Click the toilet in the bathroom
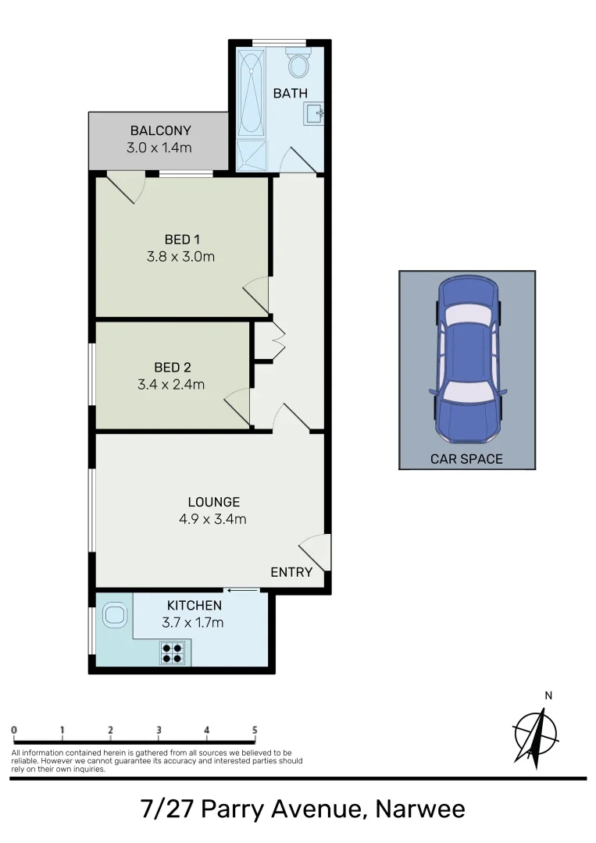tap(298, 64)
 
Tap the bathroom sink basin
tap(315, 114)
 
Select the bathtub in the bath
tap(252, 92)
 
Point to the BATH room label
tap(290, 93)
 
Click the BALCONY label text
tap(160, 130)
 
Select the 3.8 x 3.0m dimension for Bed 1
tap(180, 255)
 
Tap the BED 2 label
tap(173, 367)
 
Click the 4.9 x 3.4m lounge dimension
tap(213, 518)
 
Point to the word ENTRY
tap(291, 572)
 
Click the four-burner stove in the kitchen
tap(173, 652)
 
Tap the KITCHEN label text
tap(195, 605)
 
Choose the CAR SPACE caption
tap(466, 459)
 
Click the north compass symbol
tap(536, 734)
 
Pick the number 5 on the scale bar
tap(255, 731)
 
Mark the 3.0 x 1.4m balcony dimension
tap(160, 147)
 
